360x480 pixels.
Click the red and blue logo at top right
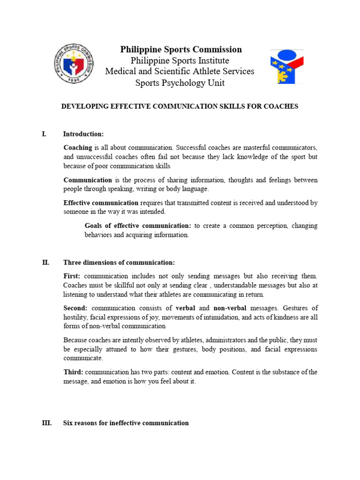[286, 66]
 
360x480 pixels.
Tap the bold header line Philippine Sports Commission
[181, 50]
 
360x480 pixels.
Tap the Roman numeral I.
[44, 134]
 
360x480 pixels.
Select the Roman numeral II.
[45, 262]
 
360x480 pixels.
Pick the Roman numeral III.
[46, 423]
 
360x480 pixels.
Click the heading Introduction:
[83, 134]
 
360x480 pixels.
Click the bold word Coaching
[78, 148]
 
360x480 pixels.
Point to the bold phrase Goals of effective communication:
[138, 226]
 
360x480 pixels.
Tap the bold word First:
[72, 276]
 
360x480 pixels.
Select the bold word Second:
[75, 308]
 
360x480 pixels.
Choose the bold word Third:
[74, 372]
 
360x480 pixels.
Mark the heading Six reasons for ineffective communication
[126, 423]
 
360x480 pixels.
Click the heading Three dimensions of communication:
[119, 262]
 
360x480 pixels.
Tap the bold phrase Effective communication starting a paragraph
[101, 203]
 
